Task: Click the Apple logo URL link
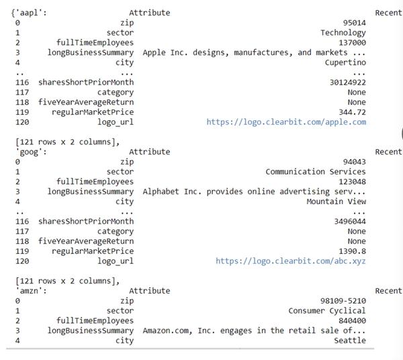point(286,122)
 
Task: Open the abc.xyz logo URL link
point(291,261)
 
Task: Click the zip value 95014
point(354,22)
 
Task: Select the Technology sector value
point(343,32)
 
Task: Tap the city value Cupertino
point(344,62)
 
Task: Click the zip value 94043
point(354,162)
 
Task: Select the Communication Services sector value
point(316,172)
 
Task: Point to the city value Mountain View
point(336,201)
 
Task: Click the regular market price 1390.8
point(352,251)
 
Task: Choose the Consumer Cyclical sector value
point(327,311)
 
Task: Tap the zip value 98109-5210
point(343,301)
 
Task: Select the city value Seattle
point(350,341)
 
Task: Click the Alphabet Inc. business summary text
point(254,191)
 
